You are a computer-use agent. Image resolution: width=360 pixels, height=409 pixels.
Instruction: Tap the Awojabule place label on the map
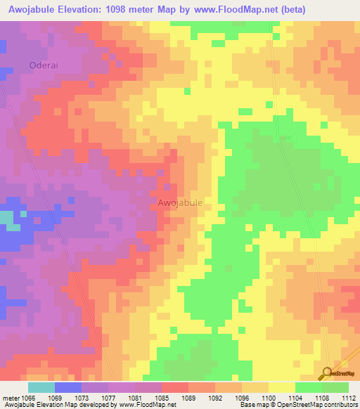(180, 202)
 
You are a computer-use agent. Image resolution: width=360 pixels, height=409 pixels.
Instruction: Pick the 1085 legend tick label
(162, 398)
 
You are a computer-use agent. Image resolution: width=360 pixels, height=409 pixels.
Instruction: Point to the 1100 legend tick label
(268, 398)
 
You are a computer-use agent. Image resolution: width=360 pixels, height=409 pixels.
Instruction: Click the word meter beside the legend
(10, 398)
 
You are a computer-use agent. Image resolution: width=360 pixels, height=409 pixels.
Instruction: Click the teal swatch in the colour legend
(41, 387)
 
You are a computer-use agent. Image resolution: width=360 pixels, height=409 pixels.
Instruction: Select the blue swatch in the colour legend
(68, 387)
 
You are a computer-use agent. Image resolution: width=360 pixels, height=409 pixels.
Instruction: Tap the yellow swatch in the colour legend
(281, 387)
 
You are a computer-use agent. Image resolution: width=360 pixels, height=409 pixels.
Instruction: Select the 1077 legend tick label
(108, 398)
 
